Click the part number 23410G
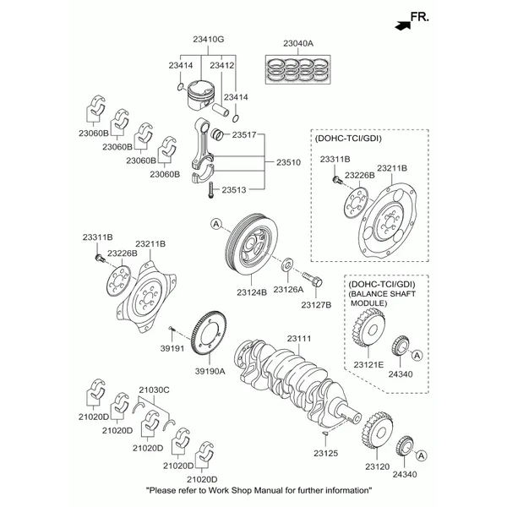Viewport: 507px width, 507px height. coord(208,40)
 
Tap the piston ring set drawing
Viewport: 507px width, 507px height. coord(298,68)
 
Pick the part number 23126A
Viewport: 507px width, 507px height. coord(290,291)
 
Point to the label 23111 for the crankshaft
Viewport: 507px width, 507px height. coord(299,338)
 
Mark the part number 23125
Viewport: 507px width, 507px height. coord(325,454)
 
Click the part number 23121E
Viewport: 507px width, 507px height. coord(369,364)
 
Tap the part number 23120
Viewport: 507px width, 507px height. coord(377,466)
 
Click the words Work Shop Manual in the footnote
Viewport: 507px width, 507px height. coord(245,491)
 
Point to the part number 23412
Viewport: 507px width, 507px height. coord(223,65)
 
